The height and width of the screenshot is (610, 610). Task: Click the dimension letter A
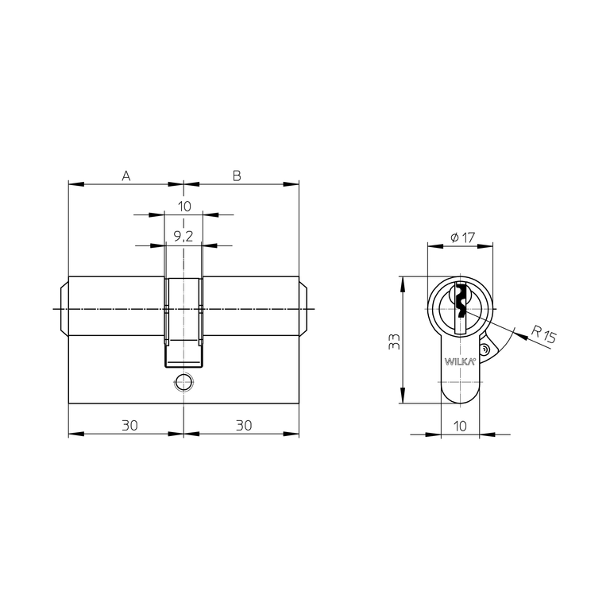click(x=125, y=176)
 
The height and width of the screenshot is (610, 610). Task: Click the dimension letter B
click(x=237, y=176)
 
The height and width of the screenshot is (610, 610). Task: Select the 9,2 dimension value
click(x=183, y=236)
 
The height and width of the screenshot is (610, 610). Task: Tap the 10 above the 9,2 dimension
click(x=184, y=207)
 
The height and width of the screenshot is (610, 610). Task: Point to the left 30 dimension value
click(x=129, y=425)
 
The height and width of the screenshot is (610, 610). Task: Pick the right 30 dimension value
click(x=244, y=425)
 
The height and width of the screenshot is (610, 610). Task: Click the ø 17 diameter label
click(x=462, y=237)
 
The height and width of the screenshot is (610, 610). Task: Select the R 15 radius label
click(x=544, y=334)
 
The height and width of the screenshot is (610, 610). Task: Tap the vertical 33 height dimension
click(x=395, y=342)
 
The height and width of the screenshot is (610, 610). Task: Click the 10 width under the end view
click(x=460, y=426)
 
